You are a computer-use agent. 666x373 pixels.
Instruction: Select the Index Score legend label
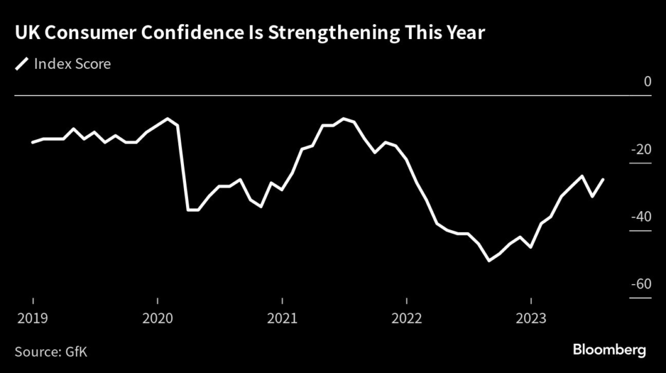coord(72,64)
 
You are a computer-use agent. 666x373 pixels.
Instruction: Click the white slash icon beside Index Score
coord(23,64)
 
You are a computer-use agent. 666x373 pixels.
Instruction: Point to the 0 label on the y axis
coord(647,82)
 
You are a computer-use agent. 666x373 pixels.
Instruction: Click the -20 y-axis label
coord(642,149)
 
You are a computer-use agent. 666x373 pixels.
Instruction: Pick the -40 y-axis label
coord(642,216)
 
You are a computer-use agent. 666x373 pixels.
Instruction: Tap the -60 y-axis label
coord(642,284)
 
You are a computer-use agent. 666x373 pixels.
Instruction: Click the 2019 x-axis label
coord(33,318)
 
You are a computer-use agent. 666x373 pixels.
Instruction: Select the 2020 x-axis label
coord(158,318)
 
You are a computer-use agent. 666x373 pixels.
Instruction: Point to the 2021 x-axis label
coord(282,318)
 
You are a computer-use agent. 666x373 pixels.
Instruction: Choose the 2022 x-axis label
coord(406,318)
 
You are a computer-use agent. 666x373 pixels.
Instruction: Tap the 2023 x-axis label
coord(531,318)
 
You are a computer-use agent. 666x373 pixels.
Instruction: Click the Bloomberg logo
coord(609,350)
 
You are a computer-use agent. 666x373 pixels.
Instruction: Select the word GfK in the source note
coord(76,352)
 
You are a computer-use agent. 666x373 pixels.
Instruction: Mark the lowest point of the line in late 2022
coord(489,261)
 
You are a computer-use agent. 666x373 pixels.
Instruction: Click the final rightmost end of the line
coord(604,179)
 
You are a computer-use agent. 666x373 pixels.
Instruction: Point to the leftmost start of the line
coord(33,142)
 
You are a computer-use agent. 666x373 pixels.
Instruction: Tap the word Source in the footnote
coord(38,352)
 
